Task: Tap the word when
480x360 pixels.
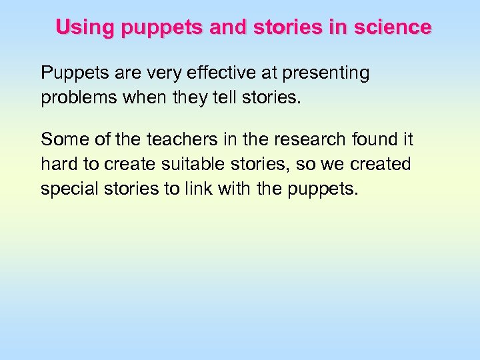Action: pos(143,98)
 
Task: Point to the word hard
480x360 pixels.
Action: pos(59,164)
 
